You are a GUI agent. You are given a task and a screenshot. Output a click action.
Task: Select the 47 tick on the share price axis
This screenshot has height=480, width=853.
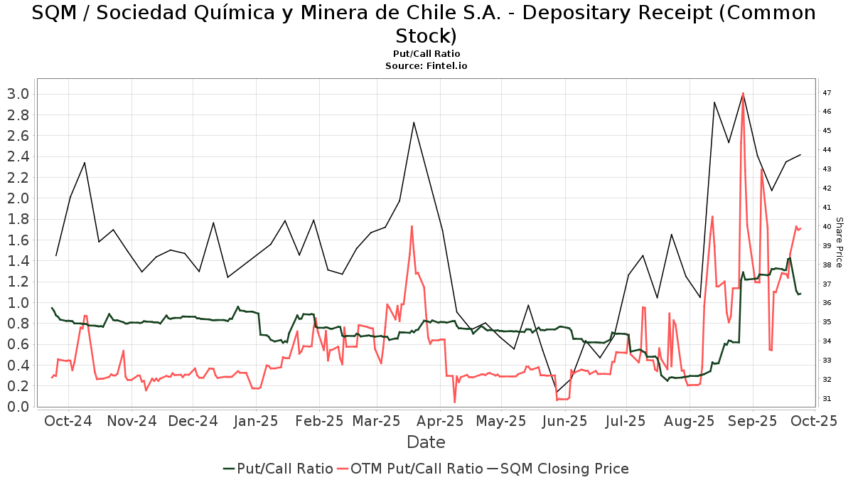[827, 93]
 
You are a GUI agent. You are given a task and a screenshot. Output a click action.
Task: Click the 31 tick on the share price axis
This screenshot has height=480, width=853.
[827, 399]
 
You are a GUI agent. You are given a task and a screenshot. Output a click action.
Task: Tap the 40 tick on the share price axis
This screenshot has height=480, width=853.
[827, 227]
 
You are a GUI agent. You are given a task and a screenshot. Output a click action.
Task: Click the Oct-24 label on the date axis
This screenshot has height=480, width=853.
[68, 421]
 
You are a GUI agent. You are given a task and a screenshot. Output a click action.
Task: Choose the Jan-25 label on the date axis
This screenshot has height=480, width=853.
[257, 421]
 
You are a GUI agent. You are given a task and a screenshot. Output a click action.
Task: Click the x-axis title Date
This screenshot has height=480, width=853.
[426, 442]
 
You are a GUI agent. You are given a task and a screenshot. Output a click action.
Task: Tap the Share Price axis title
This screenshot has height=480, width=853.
[839, 242]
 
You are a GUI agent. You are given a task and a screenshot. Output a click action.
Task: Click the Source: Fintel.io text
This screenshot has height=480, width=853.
[426, 65]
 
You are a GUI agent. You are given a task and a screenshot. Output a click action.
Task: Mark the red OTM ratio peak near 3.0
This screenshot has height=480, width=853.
[743, 93]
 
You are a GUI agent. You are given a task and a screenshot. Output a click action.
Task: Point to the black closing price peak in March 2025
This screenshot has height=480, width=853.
[414, 122]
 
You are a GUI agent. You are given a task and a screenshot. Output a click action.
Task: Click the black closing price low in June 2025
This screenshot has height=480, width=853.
[557, 392]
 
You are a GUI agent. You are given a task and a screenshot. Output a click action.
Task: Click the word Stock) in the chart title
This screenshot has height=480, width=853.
[426, 36]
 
